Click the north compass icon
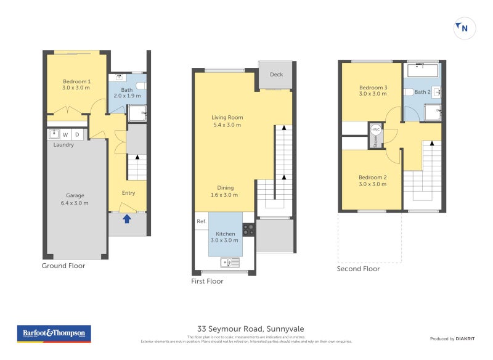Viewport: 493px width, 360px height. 464,28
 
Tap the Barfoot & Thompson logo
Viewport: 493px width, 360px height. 53,333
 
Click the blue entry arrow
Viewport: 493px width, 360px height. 127,218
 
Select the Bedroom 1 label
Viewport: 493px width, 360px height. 76,84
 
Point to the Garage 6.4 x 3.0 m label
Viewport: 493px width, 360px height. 75,199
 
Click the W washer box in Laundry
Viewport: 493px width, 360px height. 65,134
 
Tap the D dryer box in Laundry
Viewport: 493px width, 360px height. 78,134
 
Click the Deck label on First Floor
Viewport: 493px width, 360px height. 276,75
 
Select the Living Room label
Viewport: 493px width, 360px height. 227,121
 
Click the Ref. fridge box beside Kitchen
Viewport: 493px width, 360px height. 201,221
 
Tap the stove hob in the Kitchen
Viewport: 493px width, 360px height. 249,229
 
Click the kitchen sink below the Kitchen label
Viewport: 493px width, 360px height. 231,263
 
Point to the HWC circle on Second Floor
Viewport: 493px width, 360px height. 375,130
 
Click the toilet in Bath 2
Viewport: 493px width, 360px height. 409,92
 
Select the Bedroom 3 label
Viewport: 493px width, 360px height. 373,91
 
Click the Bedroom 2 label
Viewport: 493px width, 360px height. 372,181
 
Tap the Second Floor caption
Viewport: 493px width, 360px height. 358,269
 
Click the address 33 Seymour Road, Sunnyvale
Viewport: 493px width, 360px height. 251,329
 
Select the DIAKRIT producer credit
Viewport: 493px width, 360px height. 455,339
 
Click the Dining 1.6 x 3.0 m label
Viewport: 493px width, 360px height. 224,191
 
